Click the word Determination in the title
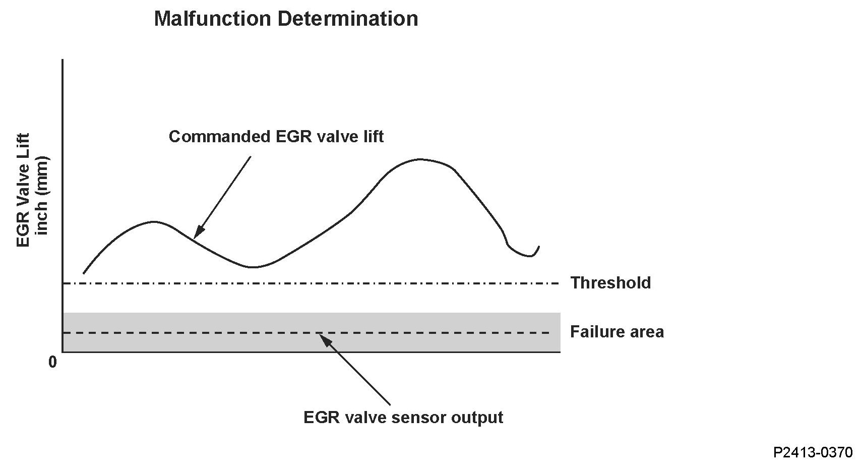click(x=347, y=19)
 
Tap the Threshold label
click(x=610, y=282)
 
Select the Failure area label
click(x=617, y=331)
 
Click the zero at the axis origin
click(x=53, y=362)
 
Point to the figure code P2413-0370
click(x=813, y=452)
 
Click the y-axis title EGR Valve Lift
click(x=23, y=190)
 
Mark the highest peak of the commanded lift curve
click(x=420, y=159)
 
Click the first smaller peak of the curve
click(x=154, y=221)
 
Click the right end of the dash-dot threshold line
click(x=559, y=283)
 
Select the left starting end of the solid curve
click(x=84, y=273)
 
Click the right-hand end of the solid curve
click(x=539, y=247)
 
